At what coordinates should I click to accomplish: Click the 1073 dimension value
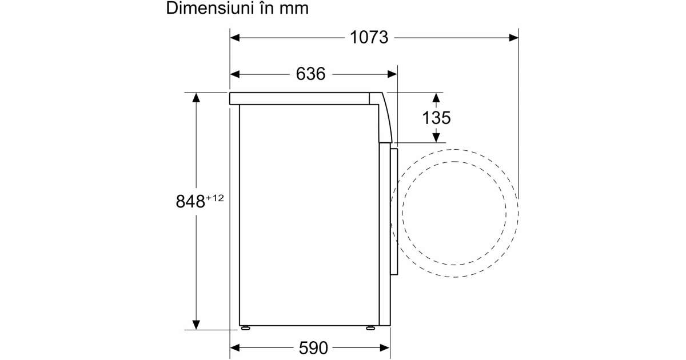pos(369,38)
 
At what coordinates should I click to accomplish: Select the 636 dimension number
pos(310,74)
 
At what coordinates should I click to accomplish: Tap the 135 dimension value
pos(436,118)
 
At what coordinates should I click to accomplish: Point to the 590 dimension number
pos(313,348)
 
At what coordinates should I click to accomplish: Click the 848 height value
pos(190,201)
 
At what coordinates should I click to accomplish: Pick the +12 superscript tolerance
pos(215,198)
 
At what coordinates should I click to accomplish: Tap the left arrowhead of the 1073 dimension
pos(235,38)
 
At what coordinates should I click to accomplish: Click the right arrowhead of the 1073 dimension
pos(513,38)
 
